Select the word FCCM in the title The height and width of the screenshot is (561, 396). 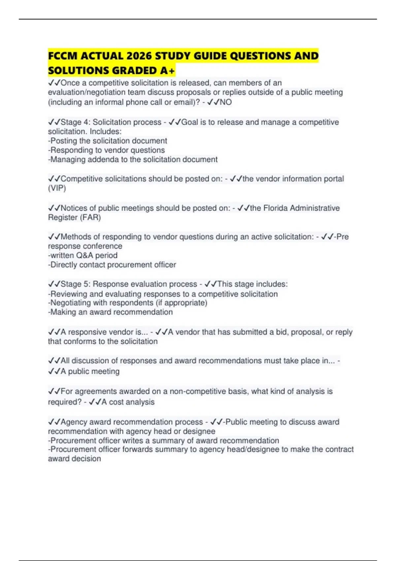(x=63, y=56)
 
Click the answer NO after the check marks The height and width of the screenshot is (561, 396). (x=226, y=102)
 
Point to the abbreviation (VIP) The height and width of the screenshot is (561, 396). (x=57, y=188)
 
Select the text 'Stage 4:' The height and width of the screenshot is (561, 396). (x=75, y=122)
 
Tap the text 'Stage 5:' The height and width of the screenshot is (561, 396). (x=75, y=284)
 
